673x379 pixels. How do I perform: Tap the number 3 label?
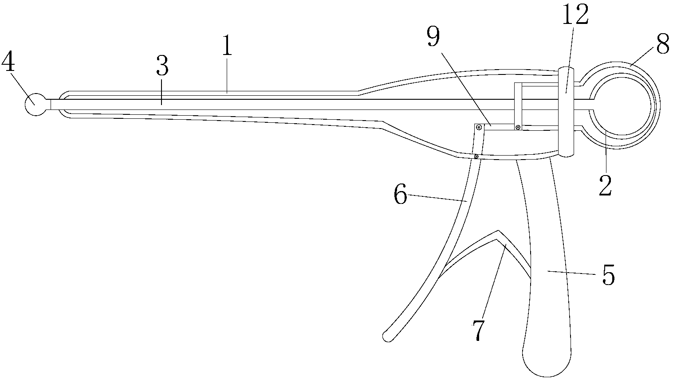[162, 68]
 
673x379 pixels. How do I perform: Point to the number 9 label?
[433, 37]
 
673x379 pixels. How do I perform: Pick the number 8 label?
[662, 44]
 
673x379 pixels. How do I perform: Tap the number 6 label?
[400, 195]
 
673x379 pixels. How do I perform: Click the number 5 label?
[608, 276]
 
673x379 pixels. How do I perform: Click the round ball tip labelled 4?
[35, 104]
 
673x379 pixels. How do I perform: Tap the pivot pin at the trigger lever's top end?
[479, 127]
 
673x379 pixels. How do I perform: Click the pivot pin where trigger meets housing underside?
[476, 156]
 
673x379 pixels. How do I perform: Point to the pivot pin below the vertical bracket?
[518, 128]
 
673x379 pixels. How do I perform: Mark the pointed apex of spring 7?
[498, 231]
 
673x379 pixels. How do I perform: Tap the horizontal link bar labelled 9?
[499, 127]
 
